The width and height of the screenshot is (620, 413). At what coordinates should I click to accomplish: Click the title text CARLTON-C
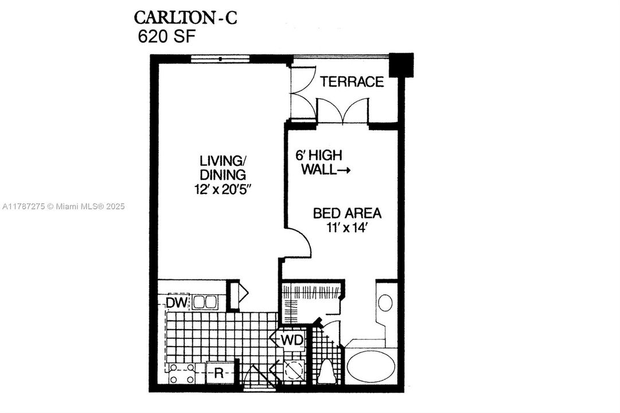tap(185, 17)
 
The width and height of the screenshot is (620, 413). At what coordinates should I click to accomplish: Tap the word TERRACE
tap(352, 81)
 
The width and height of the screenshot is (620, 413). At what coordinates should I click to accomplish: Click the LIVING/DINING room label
tap(223, 167)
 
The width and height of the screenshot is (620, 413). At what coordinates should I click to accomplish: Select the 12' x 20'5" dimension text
tap(223, 189)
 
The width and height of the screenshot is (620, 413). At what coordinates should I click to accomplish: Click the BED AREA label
tap(347, 213)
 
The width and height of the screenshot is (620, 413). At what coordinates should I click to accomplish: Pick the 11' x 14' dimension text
tap(347, 227)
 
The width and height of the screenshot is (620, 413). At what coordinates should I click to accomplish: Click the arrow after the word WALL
tap(343, 170)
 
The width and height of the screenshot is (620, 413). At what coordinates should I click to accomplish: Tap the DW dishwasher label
tap(177, 302)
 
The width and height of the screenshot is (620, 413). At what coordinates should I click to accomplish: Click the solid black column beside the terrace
tap(401, 64)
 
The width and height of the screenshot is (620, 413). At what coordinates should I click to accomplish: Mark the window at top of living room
tap(220, 57)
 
